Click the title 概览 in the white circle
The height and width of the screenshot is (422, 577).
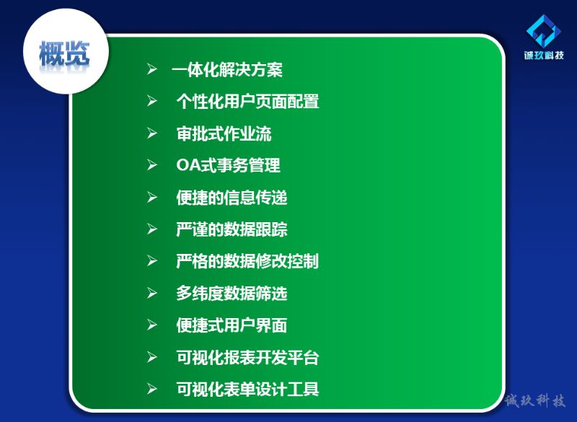point(64,53)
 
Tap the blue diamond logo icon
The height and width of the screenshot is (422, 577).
point(544,31)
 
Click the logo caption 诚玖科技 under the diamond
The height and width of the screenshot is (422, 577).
point(544,56)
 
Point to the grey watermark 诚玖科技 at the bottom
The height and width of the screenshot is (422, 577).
point(534,400)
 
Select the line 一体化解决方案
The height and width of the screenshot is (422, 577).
point(226,69)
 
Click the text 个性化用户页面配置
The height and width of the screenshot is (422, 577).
point(247,101)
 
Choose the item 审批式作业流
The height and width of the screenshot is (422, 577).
point(224,133)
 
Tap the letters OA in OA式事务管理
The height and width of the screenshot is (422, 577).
point(188,165)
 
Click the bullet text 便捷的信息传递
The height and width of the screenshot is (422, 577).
point(232,197)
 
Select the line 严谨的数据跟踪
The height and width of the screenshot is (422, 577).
point(232,229)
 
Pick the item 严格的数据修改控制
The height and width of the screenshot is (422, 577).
point(247,261)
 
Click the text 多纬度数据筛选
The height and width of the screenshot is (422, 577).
point(232,293)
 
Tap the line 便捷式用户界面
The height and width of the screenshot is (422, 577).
point(232,325)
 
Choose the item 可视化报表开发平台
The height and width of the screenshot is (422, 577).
point(247,357)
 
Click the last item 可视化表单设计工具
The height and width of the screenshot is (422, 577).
point(247,390)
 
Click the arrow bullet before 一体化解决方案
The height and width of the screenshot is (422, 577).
point(152,69)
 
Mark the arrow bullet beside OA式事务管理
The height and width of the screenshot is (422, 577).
point(152,164)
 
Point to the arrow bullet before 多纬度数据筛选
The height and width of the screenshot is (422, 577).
point(152,293)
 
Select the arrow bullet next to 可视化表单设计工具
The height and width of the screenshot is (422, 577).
point(152,389)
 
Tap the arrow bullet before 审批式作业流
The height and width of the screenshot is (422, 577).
point(152,133)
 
